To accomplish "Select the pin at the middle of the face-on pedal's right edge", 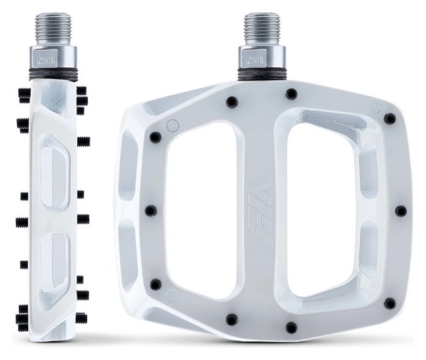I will (x=400, y=210).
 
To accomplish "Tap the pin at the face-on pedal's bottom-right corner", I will (x=390, y=303).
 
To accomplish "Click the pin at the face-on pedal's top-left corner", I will (x=155, y=137).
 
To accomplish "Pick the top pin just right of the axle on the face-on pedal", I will (x=292, y=94).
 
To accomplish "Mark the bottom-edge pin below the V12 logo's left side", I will (x=231, y=319).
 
